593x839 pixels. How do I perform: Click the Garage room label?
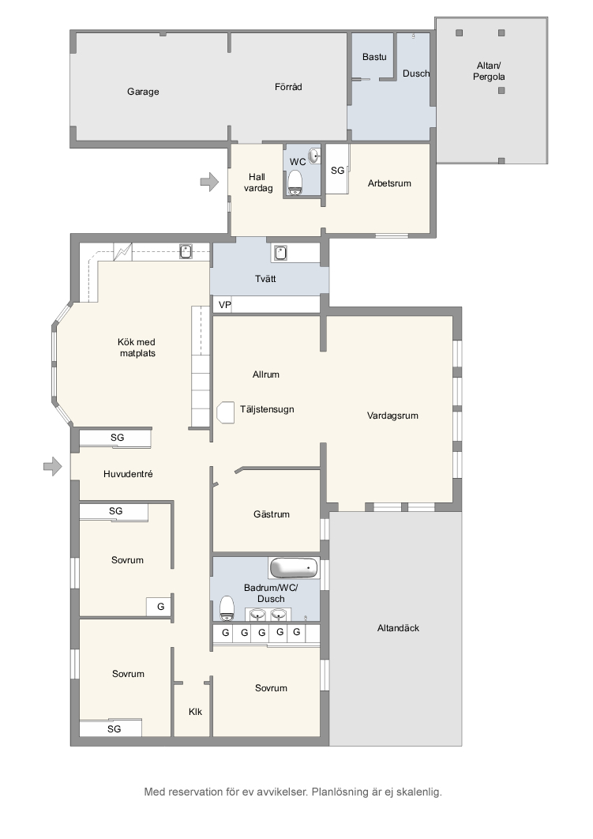143,92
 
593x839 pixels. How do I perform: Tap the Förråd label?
288,87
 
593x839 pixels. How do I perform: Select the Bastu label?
374,57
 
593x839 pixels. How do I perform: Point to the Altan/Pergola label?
489,71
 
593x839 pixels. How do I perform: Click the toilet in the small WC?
295,182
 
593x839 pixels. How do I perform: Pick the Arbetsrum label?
389,183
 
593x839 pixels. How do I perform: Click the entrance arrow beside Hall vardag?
209,182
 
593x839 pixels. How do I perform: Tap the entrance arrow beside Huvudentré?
53,467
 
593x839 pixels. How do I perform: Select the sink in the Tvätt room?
281,253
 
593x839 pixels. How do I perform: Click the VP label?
224,305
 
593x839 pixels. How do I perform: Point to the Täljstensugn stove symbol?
226,412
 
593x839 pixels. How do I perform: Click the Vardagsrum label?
392,416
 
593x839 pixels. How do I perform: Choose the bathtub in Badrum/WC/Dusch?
294,568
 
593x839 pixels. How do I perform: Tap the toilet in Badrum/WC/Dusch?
227,608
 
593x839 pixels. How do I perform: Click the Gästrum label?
272,514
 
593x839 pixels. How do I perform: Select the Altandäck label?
399,628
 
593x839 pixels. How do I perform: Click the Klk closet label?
195,712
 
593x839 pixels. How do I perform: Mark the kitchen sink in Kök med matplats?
186,251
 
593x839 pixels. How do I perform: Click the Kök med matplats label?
137,348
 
